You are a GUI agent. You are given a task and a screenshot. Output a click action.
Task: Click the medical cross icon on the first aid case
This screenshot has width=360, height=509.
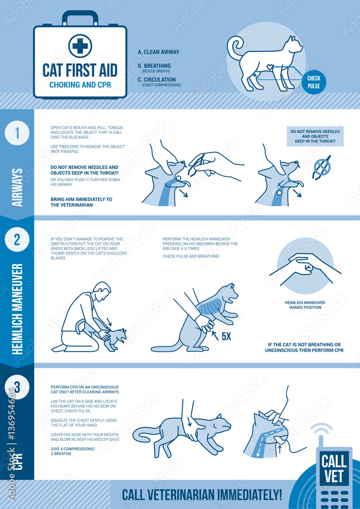(x=79, y=46)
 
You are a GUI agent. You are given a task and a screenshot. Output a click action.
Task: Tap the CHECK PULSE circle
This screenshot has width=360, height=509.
(x=314, y=81)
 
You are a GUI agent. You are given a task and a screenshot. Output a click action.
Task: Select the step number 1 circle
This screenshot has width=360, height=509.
(x=17, y=134)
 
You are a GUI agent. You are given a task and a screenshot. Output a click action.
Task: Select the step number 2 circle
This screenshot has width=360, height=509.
(x=17, y=239)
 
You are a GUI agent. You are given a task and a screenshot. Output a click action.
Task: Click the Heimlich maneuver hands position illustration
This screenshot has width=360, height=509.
(x=304, y=267)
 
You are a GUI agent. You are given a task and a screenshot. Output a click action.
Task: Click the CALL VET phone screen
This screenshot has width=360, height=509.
(x=334, y=469)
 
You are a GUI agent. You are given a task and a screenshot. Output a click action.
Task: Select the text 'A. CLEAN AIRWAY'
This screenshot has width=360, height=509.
(x=158, y=52)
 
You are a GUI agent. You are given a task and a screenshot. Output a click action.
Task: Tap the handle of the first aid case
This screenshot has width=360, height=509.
(x=79, y=17)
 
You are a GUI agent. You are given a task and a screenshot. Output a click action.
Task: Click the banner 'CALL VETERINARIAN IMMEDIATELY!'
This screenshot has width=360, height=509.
(x=202, y=494)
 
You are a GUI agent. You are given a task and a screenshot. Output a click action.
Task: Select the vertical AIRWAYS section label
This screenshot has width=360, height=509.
(x=17, y=187)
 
